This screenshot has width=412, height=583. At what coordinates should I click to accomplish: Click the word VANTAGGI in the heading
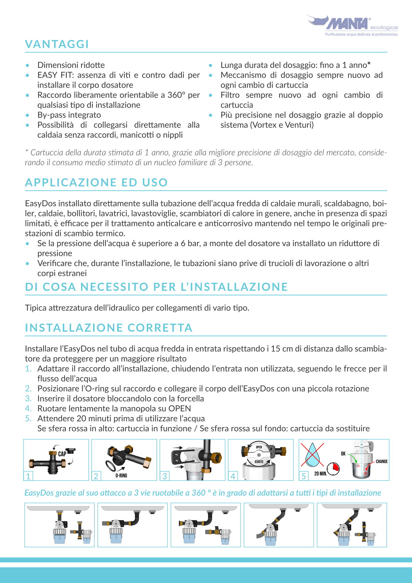pyautogui.click(x=57, y=44)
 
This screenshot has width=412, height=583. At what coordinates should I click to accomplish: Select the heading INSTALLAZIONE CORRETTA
pyautogui.click(x=109, y=328)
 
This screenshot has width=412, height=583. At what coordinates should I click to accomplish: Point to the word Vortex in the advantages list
pyautogui.click(x=265, y=125)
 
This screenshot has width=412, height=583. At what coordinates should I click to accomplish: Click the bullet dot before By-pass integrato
pyautogui.click(x=28, y=115)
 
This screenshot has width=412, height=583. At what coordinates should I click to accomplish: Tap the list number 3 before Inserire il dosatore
pyautogui.click(x=28, y=399)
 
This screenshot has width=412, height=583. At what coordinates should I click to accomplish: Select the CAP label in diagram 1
pyautogui.click(x=62, y=454)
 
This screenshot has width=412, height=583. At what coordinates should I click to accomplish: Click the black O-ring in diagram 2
pyautogui.click(x=111, y=466)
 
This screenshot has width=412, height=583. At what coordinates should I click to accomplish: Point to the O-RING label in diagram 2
pyautogui.click(x=121, y=476)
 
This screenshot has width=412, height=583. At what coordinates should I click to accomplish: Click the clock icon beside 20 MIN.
pyautogui.click(x=334, y=469)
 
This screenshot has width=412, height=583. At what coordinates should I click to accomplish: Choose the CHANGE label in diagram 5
pyautogui.click(x=382, y=461)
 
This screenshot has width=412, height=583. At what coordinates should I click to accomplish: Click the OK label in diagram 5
pyautogui.click(x=343, y=453)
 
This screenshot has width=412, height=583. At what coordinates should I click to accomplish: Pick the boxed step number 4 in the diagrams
pyautogui.click(x=233, y=476)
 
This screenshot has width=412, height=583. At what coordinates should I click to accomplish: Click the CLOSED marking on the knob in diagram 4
pyautogui.click(x=259, y=462)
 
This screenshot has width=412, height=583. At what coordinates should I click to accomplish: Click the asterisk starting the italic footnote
pyautogui.click(x=27, y=152)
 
